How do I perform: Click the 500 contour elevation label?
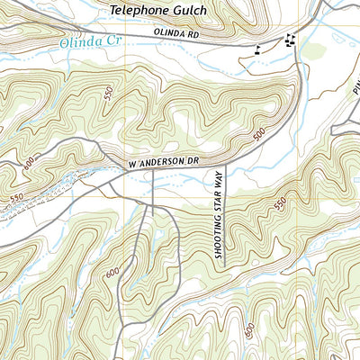pyautogui.click(x=259, y=134)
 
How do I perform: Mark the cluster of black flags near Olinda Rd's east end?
pyautogui.click(x=289, y=39)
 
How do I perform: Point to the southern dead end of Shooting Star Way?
pyautogui.click(x=226, y=264)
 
